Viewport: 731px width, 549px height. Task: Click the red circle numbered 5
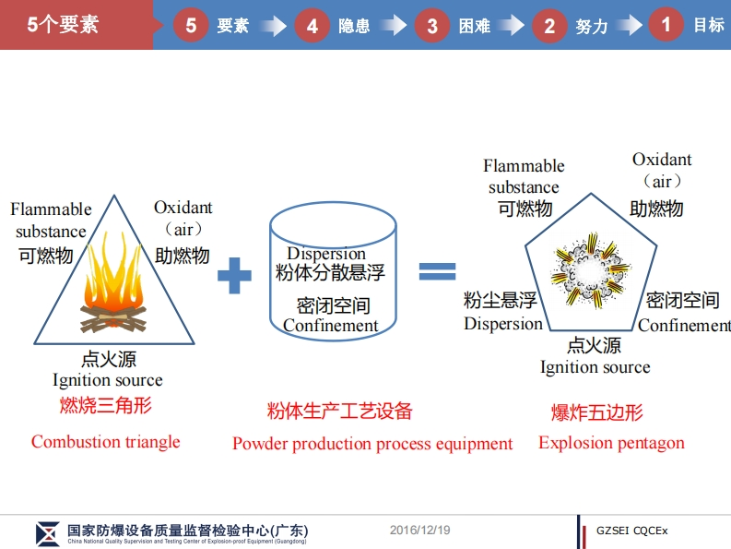click(191, 25)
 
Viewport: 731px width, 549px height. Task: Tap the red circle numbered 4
click(312, 25)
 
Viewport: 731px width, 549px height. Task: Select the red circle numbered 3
click(431, 25)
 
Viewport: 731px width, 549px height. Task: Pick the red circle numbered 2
click(549, 25)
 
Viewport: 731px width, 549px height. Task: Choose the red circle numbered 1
click(666, 24)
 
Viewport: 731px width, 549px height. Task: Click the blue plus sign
click(234, 275)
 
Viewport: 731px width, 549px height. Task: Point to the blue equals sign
click(438, 270)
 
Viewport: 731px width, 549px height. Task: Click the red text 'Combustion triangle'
click(105, 442)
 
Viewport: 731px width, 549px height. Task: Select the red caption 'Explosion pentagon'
click(611, 443)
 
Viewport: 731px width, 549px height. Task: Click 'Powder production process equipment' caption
click(372, 444)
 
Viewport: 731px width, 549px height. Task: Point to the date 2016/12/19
click(419, 530)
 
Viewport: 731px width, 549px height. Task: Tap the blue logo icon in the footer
click(48, 533)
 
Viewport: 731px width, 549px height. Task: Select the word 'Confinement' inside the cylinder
click(331, 325)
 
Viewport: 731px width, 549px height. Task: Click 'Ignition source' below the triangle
click(107, 380)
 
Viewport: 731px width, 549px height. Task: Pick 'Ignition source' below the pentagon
click(595, 367)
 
